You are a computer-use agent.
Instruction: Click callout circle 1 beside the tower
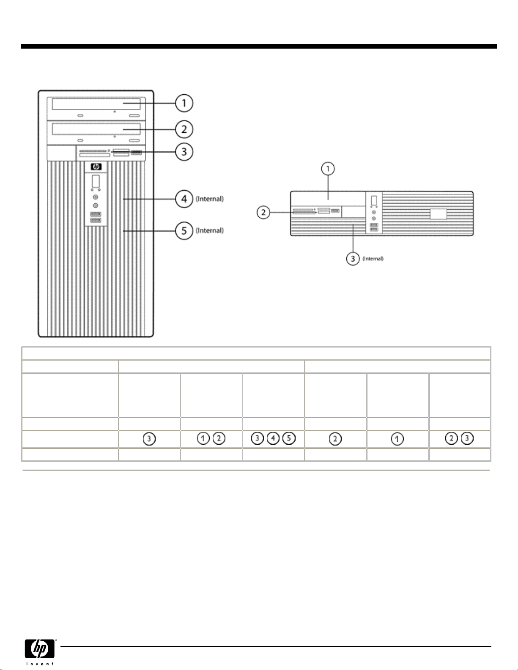point(184,103)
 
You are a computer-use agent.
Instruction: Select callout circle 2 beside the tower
point(184,129)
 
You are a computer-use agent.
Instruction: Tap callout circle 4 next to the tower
point(184,199)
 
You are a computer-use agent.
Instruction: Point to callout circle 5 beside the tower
point(184,231)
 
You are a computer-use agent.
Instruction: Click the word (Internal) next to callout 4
point(210,199)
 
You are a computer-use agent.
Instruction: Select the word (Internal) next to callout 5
point(210,231)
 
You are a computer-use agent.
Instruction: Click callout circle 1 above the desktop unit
point(328,169)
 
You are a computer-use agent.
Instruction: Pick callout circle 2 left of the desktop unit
point(264,212)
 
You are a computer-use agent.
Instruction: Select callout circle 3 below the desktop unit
point(353,259)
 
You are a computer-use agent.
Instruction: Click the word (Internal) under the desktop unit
point(373,259)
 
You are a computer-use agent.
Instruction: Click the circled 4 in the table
point(273,439)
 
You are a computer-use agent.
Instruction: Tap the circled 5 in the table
point(289,439)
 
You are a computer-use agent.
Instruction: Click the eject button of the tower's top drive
point(134,115)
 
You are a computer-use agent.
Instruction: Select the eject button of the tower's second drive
point(134,140)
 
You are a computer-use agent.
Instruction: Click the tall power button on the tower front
point(96,182)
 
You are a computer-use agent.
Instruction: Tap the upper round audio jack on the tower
point(96,197)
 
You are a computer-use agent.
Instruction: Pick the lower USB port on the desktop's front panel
point(374,230)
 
